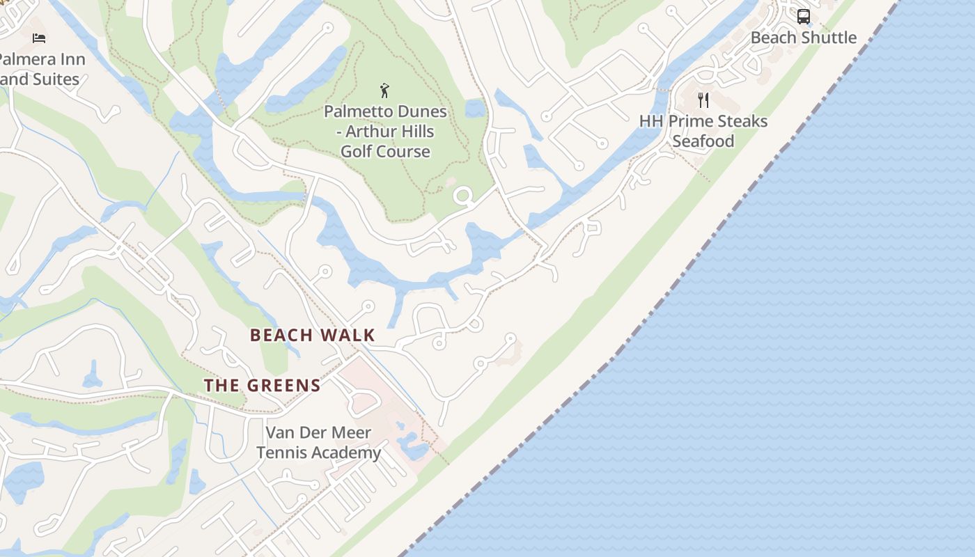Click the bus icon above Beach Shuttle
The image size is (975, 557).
[x=803, y=16]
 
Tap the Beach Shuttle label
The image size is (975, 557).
[x=803, y=38]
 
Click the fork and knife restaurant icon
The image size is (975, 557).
[x=703, y=100]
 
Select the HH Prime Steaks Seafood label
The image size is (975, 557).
[x=703, y=131]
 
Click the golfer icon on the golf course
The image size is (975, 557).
[x=384, y=91]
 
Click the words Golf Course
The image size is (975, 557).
[x=385, y=152]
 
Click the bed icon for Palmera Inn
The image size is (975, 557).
[x=39, y=38]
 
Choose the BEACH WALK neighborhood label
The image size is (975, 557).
[x=313, y=336]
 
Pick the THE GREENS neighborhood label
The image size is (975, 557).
[x=263, y=386]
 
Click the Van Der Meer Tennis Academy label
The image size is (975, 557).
[x=318, y=443]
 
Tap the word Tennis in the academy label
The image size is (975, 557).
[x=280, y=453]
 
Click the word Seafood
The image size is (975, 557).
[x=703, y=141]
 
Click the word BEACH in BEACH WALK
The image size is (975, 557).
[x=281, y=336]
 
